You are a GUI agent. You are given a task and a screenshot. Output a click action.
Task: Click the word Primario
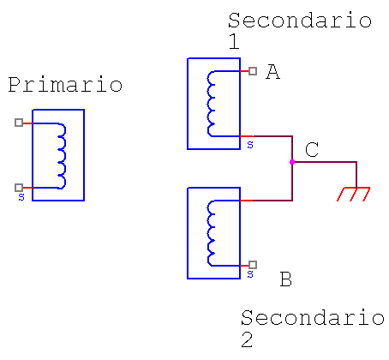coord(65,85)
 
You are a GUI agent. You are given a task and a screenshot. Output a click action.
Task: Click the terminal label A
coord(272,71)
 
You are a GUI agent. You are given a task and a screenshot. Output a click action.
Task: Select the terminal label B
coord(285,279)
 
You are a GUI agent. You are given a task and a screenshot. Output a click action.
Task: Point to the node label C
coord(312,149)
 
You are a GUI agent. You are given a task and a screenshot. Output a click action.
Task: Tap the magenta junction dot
coord(292,162)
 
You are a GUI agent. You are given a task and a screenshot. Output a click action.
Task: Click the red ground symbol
coord(354,194)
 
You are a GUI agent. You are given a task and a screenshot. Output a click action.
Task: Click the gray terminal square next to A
coord(253,71)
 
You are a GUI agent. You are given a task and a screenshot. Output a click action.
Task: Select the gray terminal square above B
coord(253,265)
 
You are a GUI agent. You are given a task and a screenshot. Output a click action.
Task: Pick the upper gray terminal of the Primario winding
coord(19,123)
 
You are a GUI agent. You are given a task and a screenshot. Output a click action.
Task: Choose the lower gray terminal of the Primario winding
coord(19,188)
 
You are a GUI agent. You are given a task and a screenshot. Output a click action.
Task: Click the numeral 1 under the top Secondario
coord(234,41)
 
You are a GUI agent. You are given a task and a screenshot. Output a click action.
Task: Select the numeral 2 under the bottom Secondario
coord(247,339)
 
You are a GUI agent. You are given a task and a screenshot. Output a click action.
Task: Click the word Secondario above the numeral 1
coord(300,21)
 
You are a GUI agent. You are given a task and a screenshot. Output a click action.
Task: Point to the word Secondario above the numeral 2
coord(313,317)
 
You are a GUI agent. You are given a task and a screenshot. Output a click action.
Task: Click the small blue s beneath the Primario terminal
coord(21,197)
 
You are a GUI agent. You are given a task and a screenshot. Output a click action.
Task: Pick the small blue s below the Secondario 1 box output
coord(250,145)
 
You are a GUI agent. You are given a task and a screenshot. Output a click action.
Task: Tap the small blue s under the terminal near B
coord(250,274)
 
